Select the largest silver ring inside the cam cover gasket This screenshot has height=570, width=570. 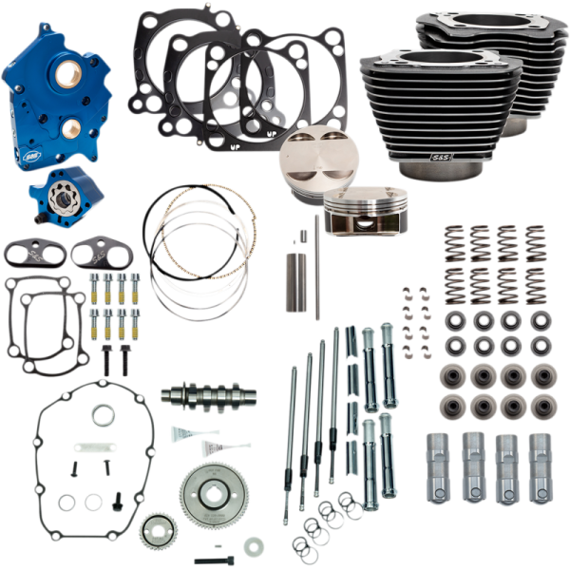click(x=104, y=414)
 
